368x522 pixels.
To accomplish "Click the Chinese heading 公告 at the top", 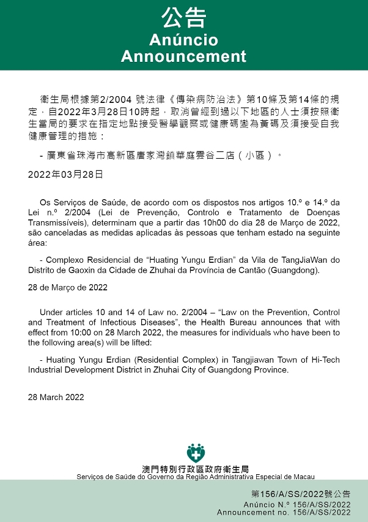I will point(183,18).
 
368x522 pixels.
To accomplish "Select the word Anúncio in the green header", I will point(183,40).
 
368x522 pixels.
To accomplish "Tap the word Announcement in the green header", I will point(183,56).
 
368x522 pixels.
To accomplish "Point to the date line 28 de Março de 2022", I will point(68,287).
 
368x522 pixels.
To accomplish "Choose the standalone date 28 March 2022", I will point(56,397).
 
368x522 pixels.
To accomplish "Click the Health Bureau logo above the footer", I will point(196,452).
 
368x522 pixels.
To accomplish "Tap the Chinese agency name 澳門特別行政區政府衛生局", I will point(196,469).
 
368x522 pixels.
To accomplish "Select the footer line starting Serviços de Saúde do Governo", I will point(196,477).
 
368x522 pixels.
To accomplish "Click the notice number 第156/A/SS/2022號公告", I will point(300,494).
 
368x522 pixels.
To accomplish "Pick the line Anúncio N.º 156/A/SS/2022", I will point(296,504).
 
